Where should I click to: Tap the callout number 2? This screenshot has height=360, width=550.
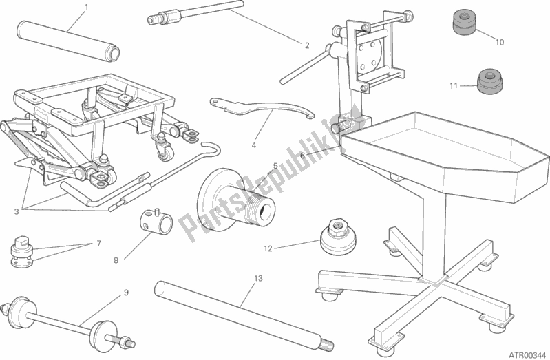click(307, 46)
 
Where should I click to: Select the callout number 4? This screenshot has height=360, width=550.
click(254, 145)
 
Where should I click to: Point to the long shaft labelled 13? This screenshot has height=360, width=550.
click(241, 311)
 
